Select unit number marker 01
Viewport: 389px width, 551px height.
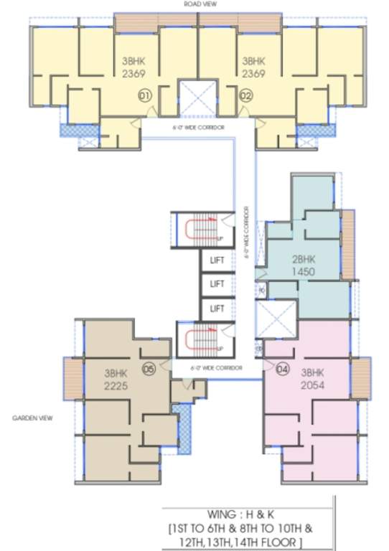click(143, 94)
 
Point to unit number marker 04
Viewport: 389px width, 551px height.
click(282, 369)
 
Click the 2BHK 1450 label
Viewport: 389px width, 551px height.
click(304, 265)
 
